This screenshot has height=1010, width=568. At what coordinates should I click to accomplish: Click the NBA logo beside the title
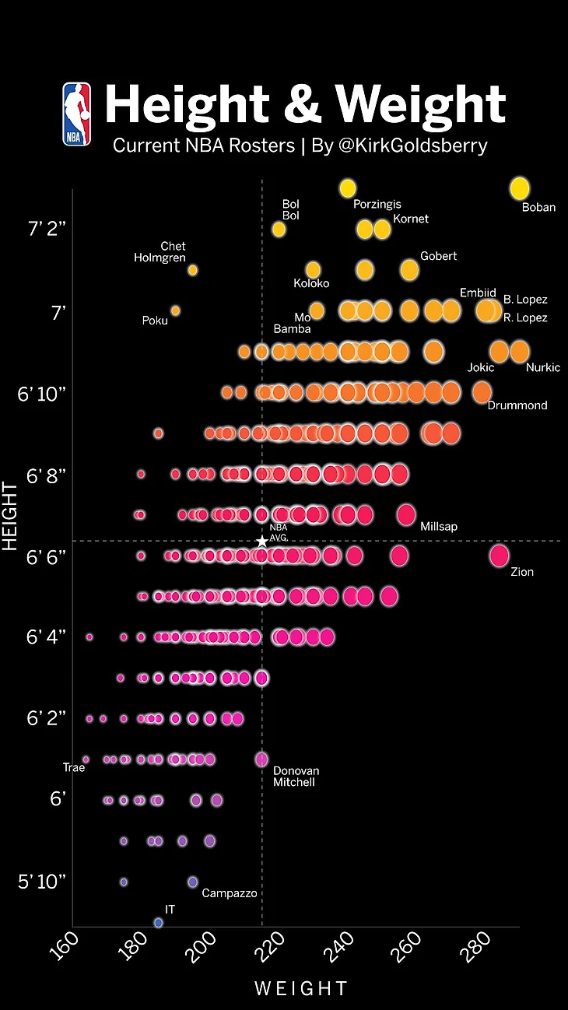tap(77, 114)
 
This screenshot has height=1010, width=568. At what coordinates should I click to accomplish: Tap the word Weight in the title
tap(420, 105)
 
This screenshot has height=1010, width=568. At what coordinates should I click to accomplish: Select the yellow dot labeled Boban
tap(519, 188)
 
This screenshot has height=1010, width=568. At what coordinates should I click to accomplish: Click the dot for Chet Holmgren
tap(192, 270)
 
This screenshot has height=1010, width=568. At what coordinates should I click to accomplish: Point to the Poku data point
tap(175, 310)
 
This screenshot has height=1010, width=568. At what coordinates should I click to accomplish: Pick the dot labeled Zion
tap(499, 556)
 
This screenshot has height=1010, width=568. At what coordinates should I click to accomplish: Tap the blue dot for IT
tap(158, 922)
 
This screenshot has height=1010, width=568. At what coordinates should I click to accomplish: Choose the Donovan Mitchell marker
tap(261, 759)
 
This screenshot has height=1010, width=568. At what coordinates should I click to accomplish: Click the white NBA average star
tap(261, 541)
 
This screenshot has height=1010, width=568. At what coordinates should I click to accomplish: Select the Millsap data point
tap(405, 514)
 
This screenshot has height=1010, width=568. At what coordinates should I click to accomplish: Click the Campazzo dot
tap(192, 882)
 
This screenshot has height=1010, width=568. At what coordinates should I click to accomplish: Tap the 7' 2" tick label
tap(48, 230)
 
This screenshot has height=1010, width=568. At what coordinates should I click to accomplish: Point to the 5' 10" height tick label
tap(43, 882)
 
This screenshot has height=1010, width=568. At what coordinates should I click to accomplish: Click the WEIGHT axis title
tap(300, 989)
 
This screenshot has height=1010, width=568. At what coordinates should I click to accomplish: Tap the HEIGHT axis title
tap(10, 516)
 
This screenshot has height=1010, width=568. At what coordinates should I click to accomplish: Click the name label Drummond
tap(517, 405)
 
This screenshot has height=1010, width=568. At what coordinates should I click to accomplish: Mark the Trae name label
tap(73, 768)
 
